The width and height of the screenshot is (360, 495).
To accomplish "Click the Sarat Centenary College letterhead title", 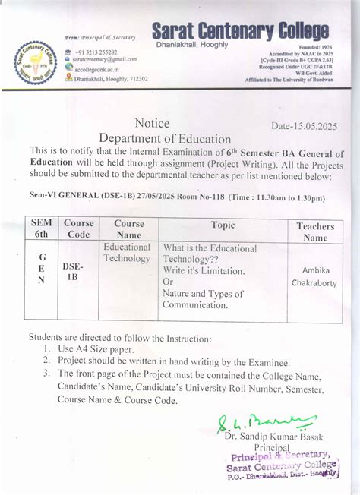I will click(x=240, y=31).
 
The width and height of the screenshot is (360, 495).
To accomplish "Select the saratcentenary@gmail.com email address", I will click(x=105, y=59).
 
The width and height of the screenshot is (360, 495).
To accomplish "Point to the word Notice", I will click(x=152, y=124).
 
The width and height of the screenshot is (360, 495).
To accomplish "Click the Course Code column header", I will click(x=78, y=229).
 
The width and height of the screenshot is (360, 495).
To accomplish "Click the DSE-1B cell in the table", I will click(x=73, y=273).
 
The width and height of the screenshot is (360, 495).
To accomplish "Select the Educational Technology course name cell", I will click(x=127, y=253).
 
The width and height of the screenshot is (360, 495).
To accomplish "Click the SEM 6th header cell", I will click(x=42, y=229).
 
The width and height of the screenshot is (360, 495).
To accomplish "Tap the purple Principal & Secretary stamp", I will click(x=281, y=462).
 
